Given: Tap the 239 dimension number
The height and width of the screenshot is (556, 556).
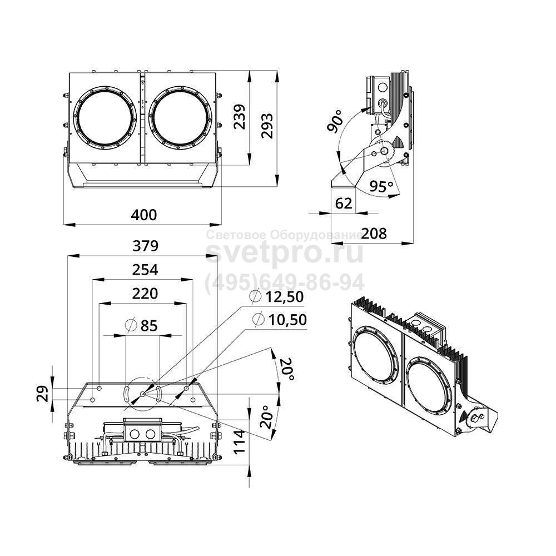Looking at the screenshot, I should click(239, 117).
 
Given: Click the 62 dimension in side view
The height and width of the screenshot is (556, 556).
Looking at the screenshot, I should click(344, 203).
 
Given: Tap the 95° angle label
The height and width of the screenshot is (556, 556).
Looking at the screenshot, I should click(381, 187).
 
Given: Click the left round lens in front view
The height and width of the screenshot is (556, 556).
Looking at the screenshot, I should click(106, 117).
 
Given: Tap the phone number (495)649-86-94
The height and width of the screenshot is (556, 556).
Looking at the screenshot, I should click(285, 282).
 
